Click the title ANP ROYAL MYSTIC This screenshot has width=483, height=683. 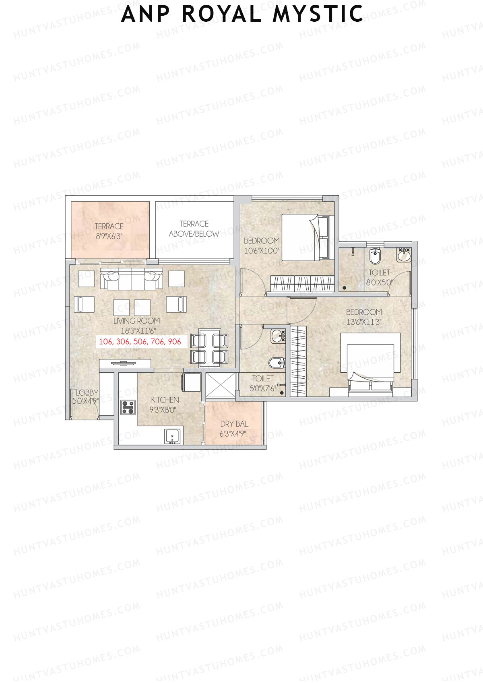pyautogui.click(x=242, y=14)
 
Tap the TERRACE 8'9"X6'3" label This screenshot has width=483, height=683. pyautogui.click(x=109, y=231)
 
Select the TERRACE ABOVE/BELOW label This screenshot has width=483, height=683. pyautogui.click(x=194, y=229)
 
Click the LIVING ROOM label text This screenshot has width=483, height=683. pyautogui.click(x=136, y=321)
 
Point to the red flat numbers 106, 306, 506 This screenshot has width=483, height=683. pyautogui.click(x=140, y=342)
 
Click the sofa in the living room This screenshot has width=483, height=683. pyautogui.click(x=132, y=279)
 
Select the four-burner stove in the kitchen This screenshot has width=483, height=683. pyautogui.click(x=128, y=407)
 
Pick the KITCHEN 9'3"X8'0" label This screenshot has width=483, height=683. pyautogui.click(x=165, y=404)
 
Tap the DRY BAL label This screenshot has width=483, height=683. pyautogui.click(x=234, y=424)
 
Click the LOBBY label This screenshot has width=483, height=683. pyautogui.click(x=87, y=393)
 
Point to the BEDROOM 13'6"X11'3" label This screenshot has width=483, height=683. pyautogui.click(x=364, y=317)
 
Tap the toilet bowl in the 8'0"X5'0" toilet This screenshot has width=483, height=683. pyautogui.click(x=375, y=256)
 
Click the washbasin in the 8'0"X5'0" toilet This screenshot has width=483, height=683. pyautogui.click(x=404, y=254)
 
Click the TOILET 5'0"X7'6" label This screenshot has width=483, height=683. pyautogui.click(x=262, y=383)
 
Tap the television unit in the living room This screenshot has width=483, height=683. pyautogui.click(x=125, y=363)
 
